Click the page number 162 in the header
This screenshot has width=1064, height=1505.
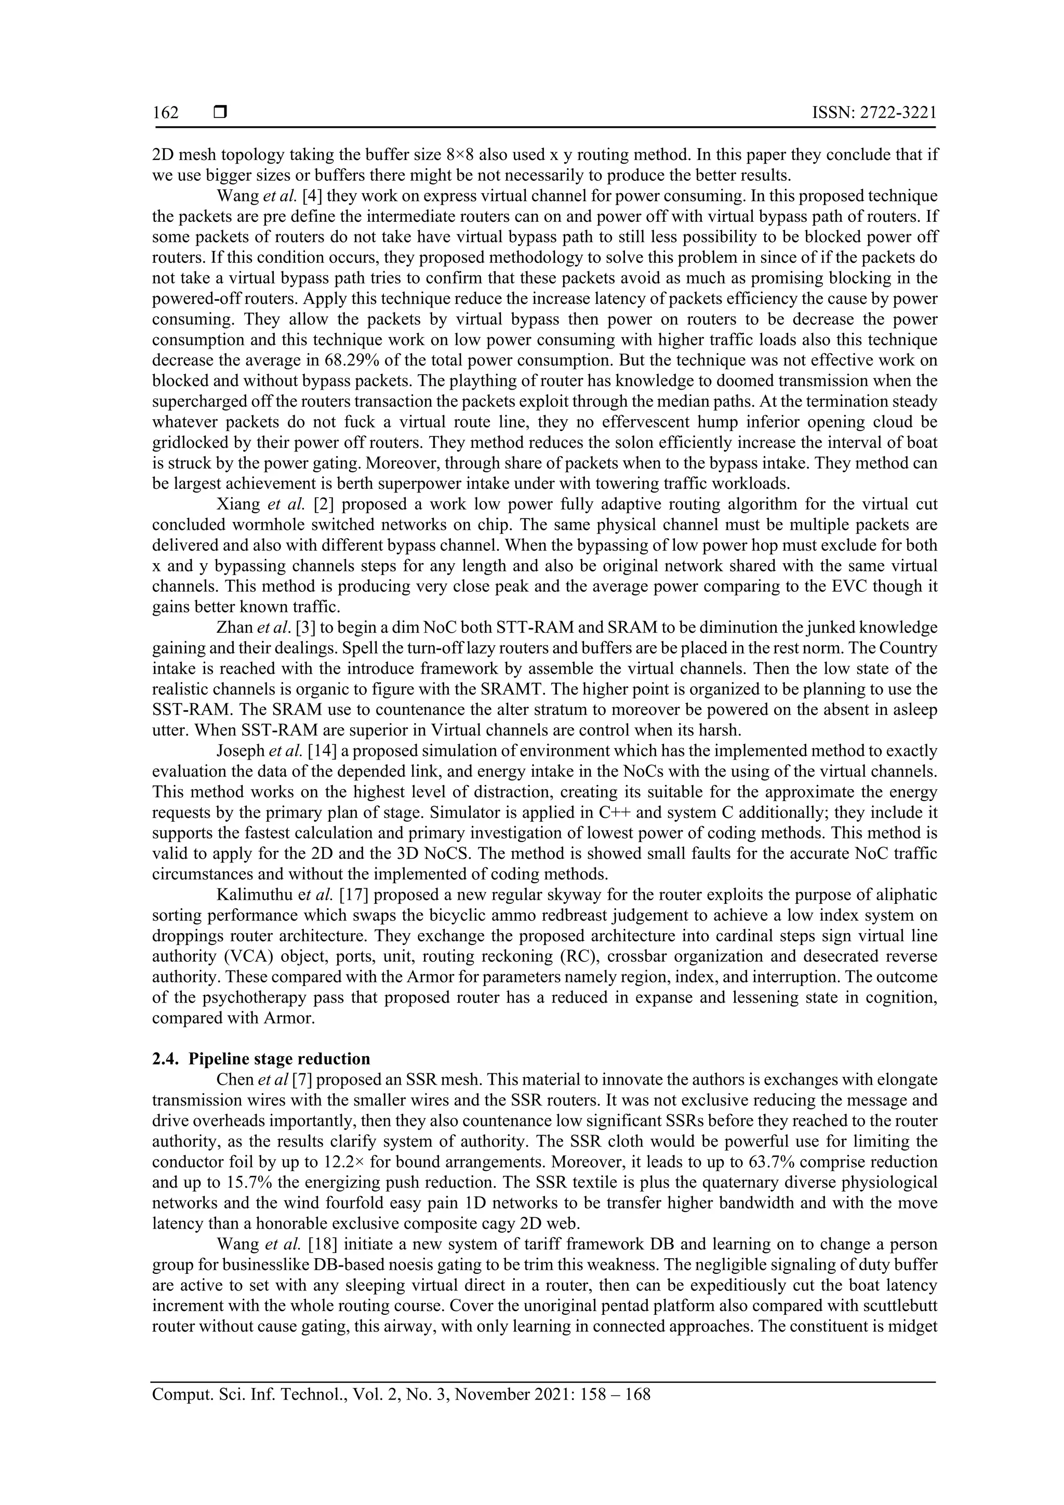coord(165,113)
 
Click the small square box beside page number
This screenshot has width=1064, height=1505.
coord(220,113)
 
